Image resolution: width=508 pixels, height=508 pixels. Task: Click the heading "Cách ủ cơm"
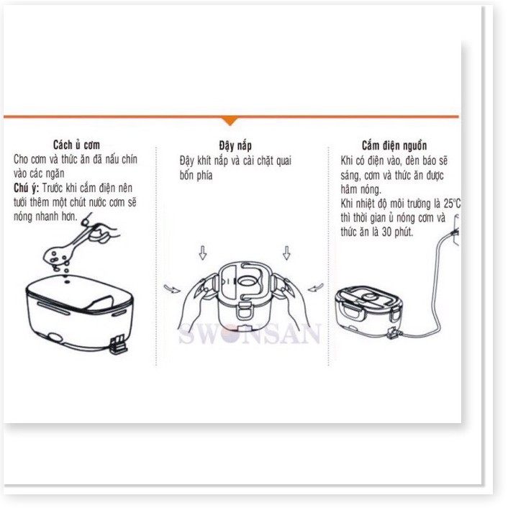point(76,145)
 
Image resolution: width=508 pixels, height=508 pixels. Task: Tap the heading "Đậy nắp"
point(235,145)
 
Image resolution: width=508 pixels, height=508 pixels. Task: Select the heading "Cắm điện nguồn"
point(394,145)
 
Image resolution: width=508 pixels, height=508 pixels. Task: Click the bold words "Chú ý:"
point(26,188)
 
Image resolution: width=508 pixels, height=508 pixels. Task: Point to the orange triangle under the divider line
point(230,121)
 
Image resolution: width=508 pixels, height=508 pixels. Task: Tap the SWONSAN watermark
point(250,334)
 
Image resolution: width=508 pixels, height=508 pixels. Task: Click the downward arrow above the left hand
point(203,253)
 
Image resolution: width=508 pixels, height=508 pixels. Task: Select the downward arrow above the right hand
point(286,253)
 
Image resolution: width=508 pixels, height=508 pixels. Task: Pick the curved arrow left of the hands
point(172,289)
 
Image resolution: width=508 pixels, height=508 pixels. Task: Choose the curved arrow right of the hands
point(315,287)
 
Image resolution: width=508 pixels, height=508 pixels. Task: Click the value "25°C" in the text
point(452,204)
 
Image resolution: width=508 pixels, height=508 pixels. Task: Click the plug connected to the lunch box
point(394,333)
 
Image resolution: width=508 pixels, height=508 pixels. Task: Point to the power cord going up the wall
point(440,285)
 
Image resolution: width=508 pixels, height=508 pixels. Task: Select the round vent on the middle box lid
point(248,281)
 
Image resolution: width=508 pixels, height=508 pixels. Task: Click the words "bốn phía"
point(196,176)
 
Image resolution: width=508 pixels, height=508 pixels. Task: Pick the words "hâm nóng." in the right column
point(361,189)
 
